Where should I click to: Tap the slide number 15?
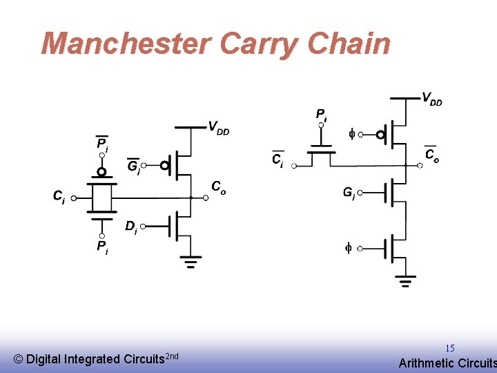(449, 349)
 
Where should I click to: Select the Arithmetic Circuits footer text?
(447, 363)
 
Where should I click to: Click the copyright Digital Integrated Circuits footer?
(96, 358)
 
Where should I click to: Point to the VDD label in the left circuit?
(219, 128)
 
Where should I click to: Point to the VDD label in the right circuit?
(432, 99)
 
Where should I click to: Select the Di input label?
(131, 227)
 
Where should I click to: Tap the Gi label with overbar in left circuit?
(134, 166)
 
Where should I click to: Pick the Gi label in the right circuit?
(349, 193)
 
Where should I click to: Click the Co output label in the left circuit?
(218, 187)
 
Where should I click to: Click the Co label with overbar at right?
(431, 155)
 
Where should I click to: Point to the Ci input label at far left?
(59, 197)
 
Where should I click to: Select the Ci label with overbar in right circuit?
(277, 160)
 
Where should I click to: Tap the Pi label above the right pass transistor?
(322, 114)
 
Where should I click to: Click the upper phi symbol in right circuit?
(351, 135)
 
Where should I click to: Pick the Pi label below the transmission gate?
(101, 246)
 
